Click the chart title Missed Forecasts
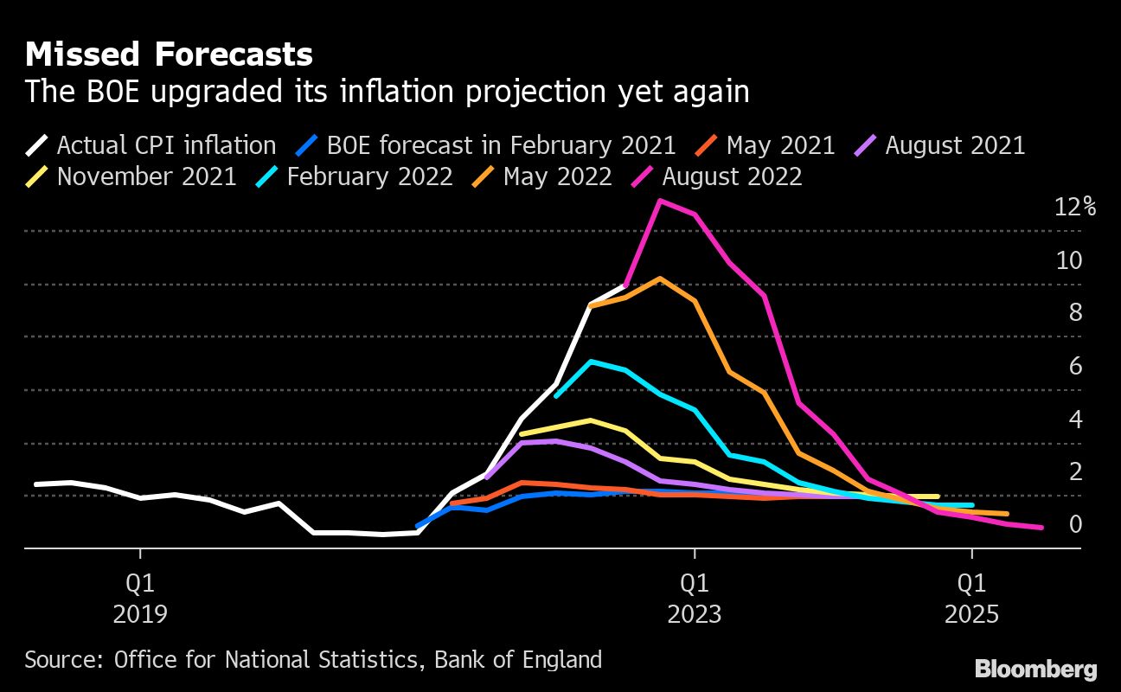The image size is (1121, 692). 169,54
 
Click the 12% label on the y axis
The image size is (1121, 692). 1075,208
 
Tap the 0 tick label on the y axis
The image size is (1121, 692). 1075,525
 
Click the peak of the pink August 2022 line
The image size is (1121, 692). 660,201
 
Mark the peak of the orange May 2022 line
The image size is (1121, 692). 660,279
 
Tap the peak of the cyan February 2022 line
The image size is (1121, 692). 591,362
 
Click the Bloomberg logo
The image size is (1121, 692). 1035,669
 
